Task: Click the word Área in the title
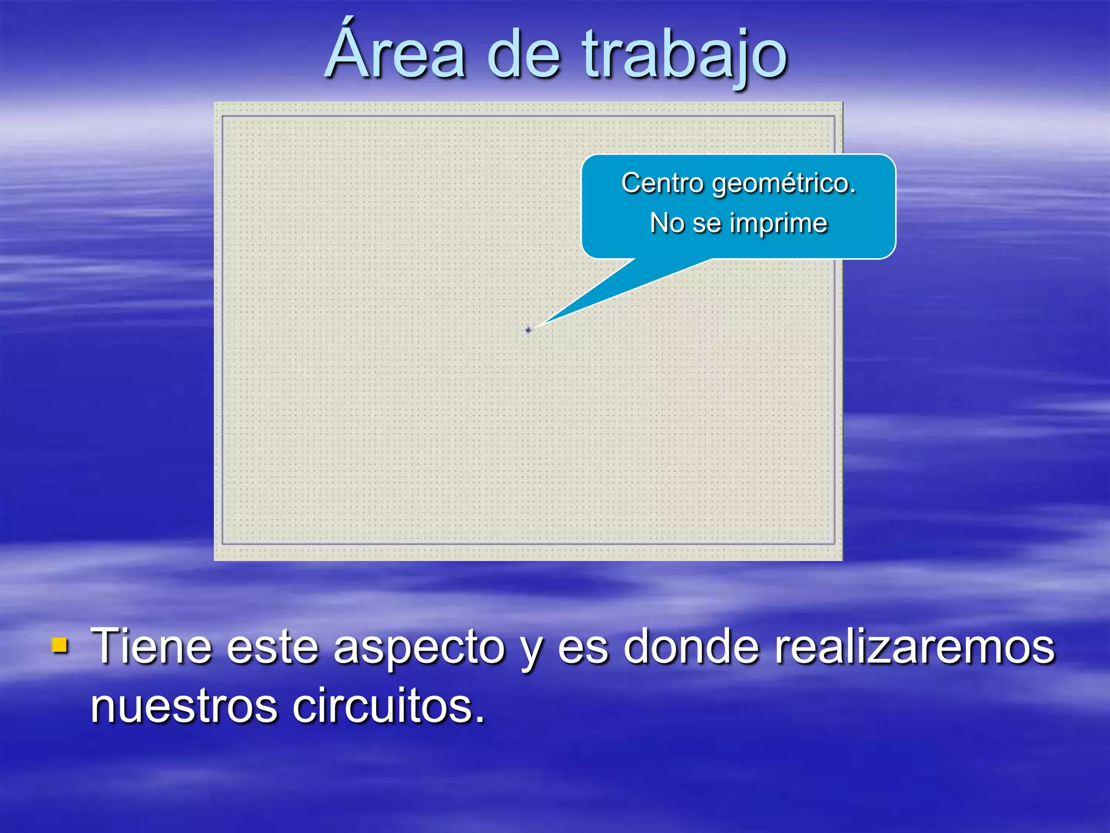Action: tap(396, 54)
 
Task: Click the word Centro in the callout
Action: tap(662, 183)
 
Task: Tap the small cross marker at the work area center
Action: tap(528, 330)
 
